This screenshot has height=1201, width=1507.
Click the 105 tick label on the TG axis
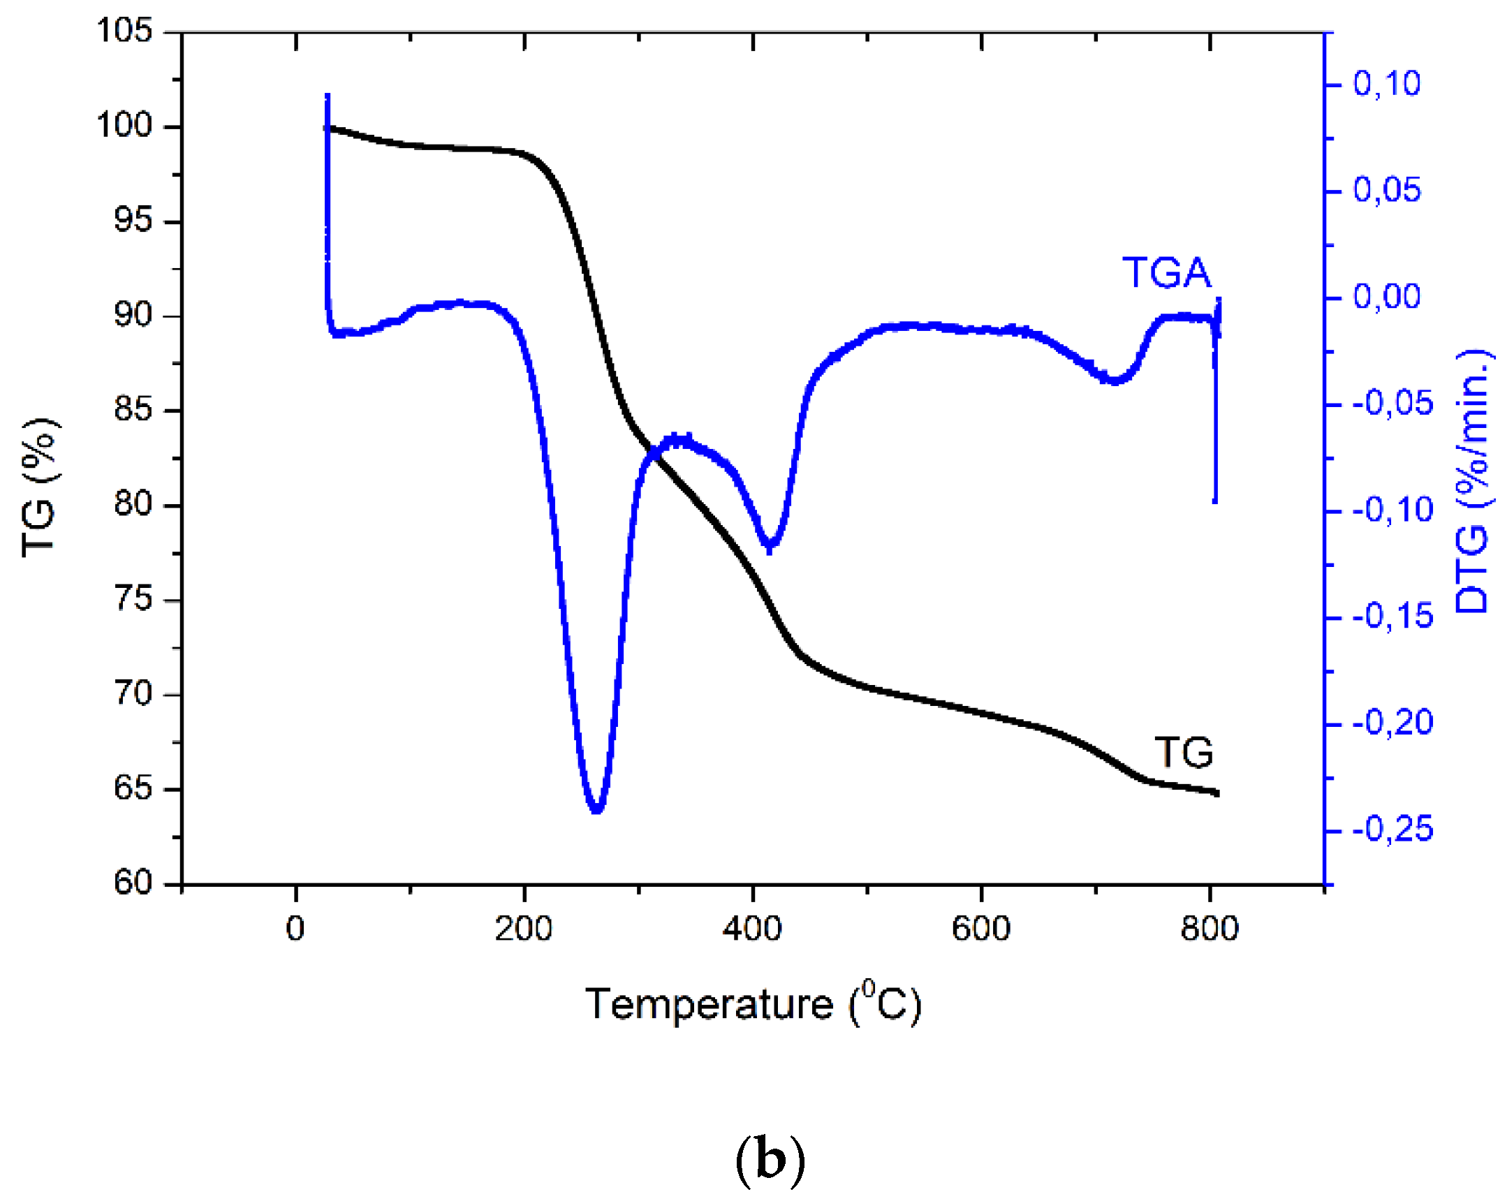124,31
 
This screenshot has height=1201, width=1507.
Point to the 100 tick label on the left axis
124,126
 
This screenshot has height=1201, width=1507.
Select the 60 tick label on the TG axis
133,882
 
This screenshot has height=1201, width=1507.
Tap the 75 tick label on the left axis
133,598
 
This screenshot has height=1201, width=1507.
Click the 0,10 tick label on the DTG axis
1386,84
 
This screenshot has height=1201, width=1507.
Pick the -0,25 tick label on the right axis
1392,830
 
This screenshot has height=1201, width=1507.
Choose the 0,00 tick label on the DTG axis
1386,297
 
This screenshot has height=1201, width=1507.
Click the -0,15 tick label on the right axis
1392,617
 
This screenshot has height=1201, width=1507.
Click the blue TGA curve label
1166,272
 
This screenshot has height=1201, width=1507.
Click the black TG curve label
1184,753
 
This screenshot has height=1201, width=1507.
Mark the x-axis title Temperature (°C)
753,1005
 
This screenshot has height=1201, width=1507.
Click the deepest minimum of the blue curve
596,809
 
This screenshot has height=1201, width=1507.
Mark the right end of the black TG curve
1217,793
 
